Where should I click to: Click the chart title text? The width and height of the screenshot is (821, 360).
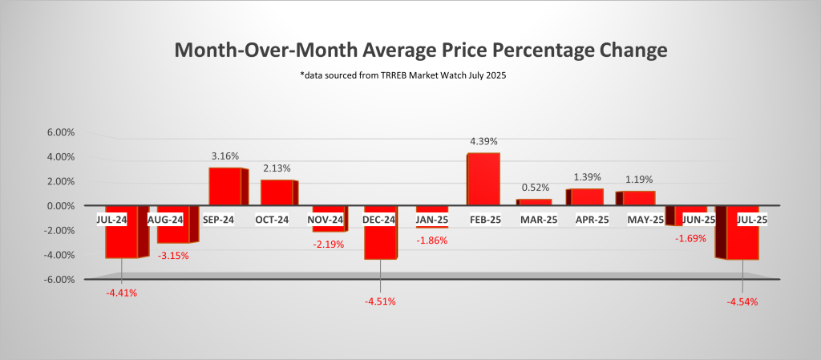pos(421,51)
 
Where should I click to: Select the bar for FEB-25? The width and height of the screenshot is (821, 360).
pos(483,179)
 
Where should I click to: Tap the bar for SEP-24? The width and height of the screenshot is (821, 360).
pos(225,186)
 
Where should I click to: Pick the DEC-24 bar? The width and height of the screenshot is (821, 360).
pos(380,241)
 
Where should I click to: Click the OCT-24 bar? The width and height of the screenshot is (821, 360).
pos(277,192)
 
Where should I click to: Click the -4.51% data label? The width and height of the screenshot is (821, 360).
pos(380,302)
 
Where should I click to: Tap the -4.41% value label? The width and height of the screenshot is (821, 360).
pos(121,293)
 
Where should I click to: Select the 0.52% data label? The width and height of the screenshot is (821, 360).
pos(535,188)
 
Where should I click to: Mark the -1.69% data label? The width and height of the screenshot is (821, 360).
pos(690,238)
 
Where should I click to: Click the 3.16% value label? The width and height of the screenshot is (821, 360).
pos(225,157)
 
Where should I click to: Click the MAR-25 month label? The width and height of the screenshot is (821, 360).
pos(536,219)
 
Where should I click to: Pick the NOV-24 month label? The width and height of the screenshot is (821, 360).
pos(328,219)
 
